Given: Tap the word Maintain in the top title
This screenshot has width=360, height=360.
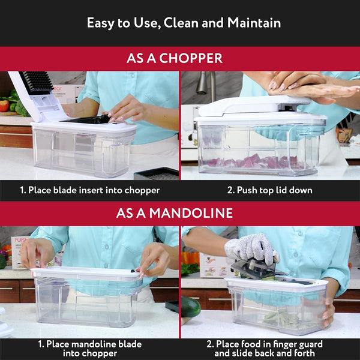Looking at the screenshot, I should coord(254,23).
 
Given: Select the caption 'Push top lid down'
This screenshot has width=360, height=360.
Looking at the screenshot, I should coord(269,190).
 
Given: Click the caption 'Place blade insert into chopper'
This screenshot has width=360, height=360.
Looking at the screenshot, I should coord(90,190).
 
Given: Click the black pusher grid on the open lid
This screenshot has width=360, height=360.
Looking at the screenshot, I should coord(37,83).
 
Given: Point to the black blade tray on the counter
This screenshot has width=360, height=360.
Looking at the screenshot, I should coord(157,174).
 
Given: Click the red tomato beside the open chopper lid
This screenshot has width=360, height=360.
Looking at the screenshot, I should coord(4,105).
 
